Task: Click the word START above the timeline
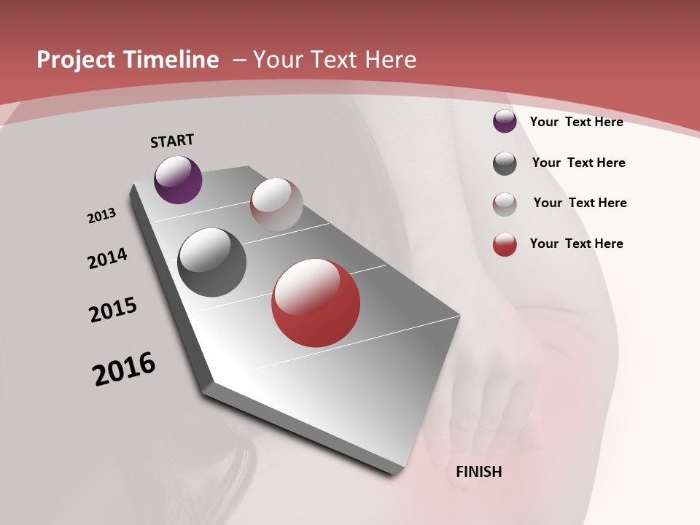point(172,141)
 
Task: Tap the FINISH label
point(478,472)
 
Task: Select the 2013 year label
point(101,216)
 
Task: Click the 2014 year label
point(107,258)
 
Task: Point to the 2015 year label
point(113,310)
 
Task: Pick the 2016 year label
point(124,369)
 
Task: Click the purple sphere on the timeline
point(178,179)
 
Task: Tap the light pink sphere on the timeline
point(276,204)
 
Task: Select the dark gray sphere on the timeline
point(211,262)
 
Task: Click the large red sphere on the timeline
point(316,303)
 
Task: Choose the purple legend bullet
point(505,121)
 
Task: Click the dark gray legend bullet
point(505,163)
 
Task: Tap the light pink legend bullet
point(505,204)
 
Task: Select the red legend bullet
point(505,244)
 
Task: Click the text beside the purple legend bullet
point(576,122)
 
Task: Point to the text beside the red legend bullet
point(576,244)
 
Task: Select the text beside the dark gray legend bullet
point(578,163)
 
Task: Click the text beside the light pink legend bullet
point(580,203)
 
